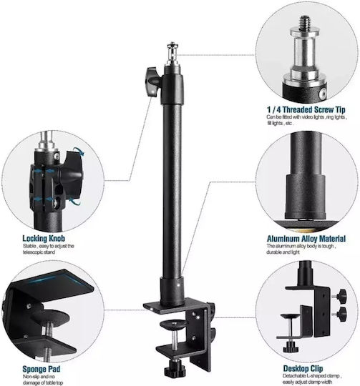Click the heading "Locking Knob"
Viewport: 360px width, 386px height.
click(44, 238)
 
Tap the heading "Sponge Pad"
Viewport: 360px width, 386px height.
click(41, 369)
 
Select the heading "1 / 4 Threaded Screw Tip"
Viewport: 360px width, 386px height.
click(306, 109)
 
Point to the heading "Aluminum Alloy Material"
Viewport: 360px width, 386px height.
click(306, 239)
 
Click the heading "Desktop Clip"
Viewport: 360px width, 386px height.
click(303, 369)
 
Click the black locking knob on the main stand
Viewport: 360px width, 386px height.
click(152, 81)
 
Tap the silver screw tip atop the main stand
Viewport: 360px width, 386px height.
click(172, 53)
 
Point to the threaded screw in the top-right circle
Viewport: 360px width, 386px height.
click(305, 21)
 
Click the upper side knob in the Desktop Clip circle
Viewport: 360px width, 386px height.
click(341, 295)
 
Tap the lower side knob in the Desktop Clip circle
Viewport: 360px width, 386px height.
click(341, 313)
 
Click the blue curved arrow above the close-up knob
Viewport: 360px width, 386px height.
click(79, 151)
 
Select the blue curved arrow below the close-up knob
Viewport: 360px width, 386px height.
click(74, 201)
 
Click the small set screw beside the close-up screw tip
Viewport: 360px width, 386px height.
click(323, 94)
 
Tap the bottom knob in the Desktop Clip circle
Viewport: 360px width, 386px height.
click(291, 347)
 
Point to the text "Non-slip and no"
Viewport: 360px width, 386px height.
click(39, 377)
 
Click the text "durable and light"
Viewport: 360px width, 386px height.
click(283, 252)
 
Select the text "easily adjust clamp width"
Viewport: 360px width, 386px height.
click(308, 382)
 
